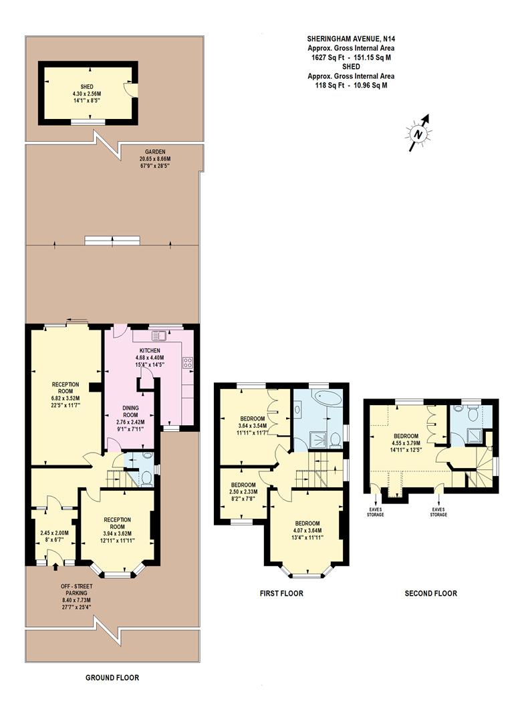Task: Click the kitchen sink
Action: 158,336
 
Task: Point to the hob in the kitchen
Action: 188,364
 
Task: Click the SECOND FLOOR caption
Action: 431,593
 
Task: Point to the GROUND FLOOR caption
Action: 112,677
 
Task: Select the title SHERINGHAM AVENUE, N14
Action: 351,39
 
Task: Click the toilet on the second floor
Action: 473,414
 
